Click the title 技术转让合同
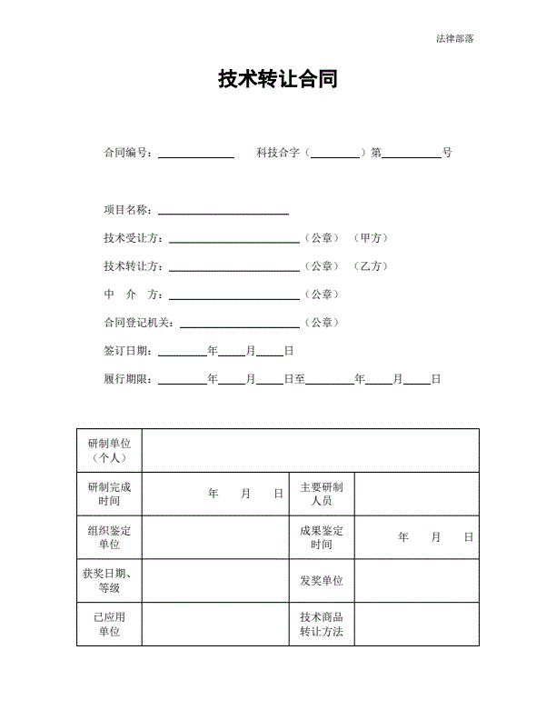point(278,79)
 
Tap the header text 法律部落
point(454,38)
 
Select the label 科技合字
point(278,153)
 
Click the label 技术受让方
point(133,238)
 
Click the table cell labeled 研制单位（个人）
point(109,450)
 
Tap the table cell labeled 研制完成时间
point(109,494)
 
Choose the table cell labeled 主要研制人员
point(322,494)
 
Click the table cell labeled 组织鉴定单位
point(109,537)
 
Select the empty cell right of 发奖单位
point(416,581)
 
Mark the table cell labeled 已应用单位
point(109,624)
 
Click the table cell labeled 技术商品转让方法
point(322,624)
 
